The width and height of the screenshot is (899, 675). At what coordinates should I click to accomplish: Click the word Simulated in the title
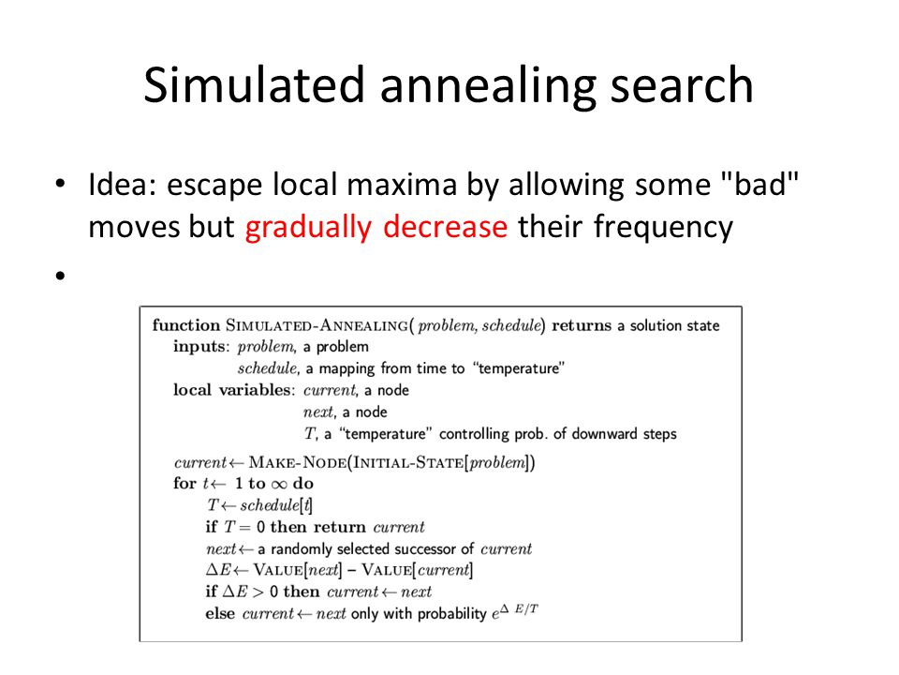[254, 84]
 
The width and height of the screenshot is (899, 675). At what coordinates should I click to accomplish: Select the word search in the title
[682, 84]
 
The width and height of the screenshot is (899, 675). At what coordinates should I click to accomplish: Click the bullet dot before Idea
[61, 184]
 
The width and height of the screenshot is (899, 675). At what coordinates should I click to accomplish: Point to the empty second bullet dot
[61, 276]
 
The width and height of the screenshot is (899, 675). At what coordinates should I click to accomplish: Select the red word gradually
[308, 227]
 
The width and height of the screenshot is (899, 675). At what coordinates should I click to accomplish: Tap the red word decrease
[445, 226]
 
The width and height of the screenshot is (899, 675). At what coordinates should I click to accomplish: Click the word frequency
[663, 227]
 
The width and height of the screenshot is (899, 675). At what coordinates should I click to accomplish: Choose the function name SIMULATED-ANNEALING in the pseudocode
[317, 325]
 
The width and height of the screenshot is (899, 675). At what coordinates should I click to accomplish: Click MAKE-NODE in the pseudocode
[298, 462]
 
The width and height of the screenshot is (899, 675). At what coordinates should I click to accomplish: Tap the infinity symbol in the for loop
[279, 485]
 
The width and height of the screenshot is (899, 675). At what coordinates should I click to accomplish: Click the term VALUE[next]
[298, 570]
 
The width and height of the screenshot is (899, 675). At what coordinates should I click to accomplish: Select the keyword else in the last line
[220, 613]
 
